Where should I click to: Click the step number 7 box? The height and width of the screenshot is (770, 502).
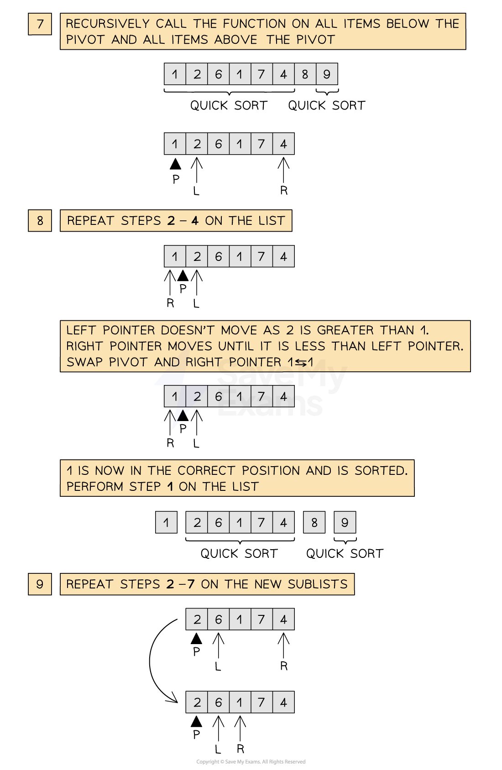point(40,24)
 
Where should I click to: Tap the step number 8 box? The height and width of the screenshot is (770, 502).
point(40,221)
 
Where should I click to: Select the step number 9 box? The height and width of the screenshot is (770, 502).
point(40,584)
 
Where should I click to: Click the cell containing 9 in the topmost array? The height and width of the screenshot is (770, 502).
point(327,74)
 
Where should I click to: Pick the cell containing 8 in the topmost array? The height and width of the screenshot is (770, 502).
point(305,74)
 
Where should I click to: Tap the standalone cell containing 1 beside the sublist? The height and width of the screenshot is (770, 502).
point(166,523)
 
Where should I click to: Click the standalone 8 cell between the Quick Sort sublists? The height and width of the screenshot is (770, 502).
point(314,523)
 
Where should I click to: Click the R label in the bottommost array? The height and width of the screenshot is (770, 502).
point(241,749)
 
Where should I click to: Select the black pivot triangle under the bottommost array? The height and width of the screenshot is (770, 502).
point(196,722)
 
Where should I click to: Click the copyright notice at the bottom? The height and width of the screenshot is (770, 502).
point(251,762)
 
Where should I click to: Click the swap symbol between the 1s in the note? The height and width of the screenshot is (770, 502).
point(301,363)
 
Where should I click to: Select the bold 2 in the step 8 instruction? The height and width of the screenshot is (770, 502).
point(171,221)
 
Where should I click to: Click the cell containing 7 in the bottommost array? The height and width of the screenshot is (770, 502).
point(261,702)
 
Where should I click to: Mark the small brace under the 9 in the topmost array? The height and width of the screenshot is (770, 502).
point(327,93)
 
